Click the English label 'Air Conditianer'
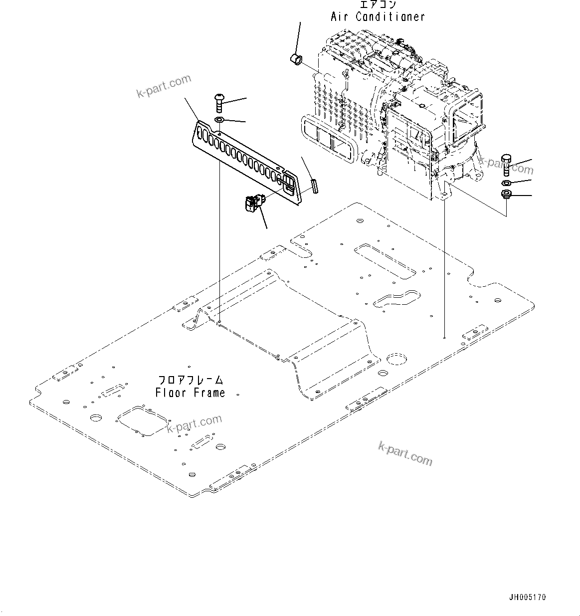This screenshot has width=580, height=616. tap(378, 16)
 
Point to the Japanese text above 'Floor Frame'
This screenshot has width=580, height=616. tap(191, 380)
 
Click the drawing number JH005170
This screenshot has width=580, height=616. tap(528, 597)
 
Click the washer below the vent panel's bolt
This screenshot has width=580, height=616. tap(219, 120)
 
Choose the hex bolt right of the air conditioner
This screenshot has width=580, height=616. tap(505, 165)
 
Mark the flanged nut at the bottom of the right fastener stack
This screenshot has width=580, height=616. tap(505, 195)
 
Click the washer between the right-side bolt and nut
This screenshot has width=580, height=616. tap(505, 182)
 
